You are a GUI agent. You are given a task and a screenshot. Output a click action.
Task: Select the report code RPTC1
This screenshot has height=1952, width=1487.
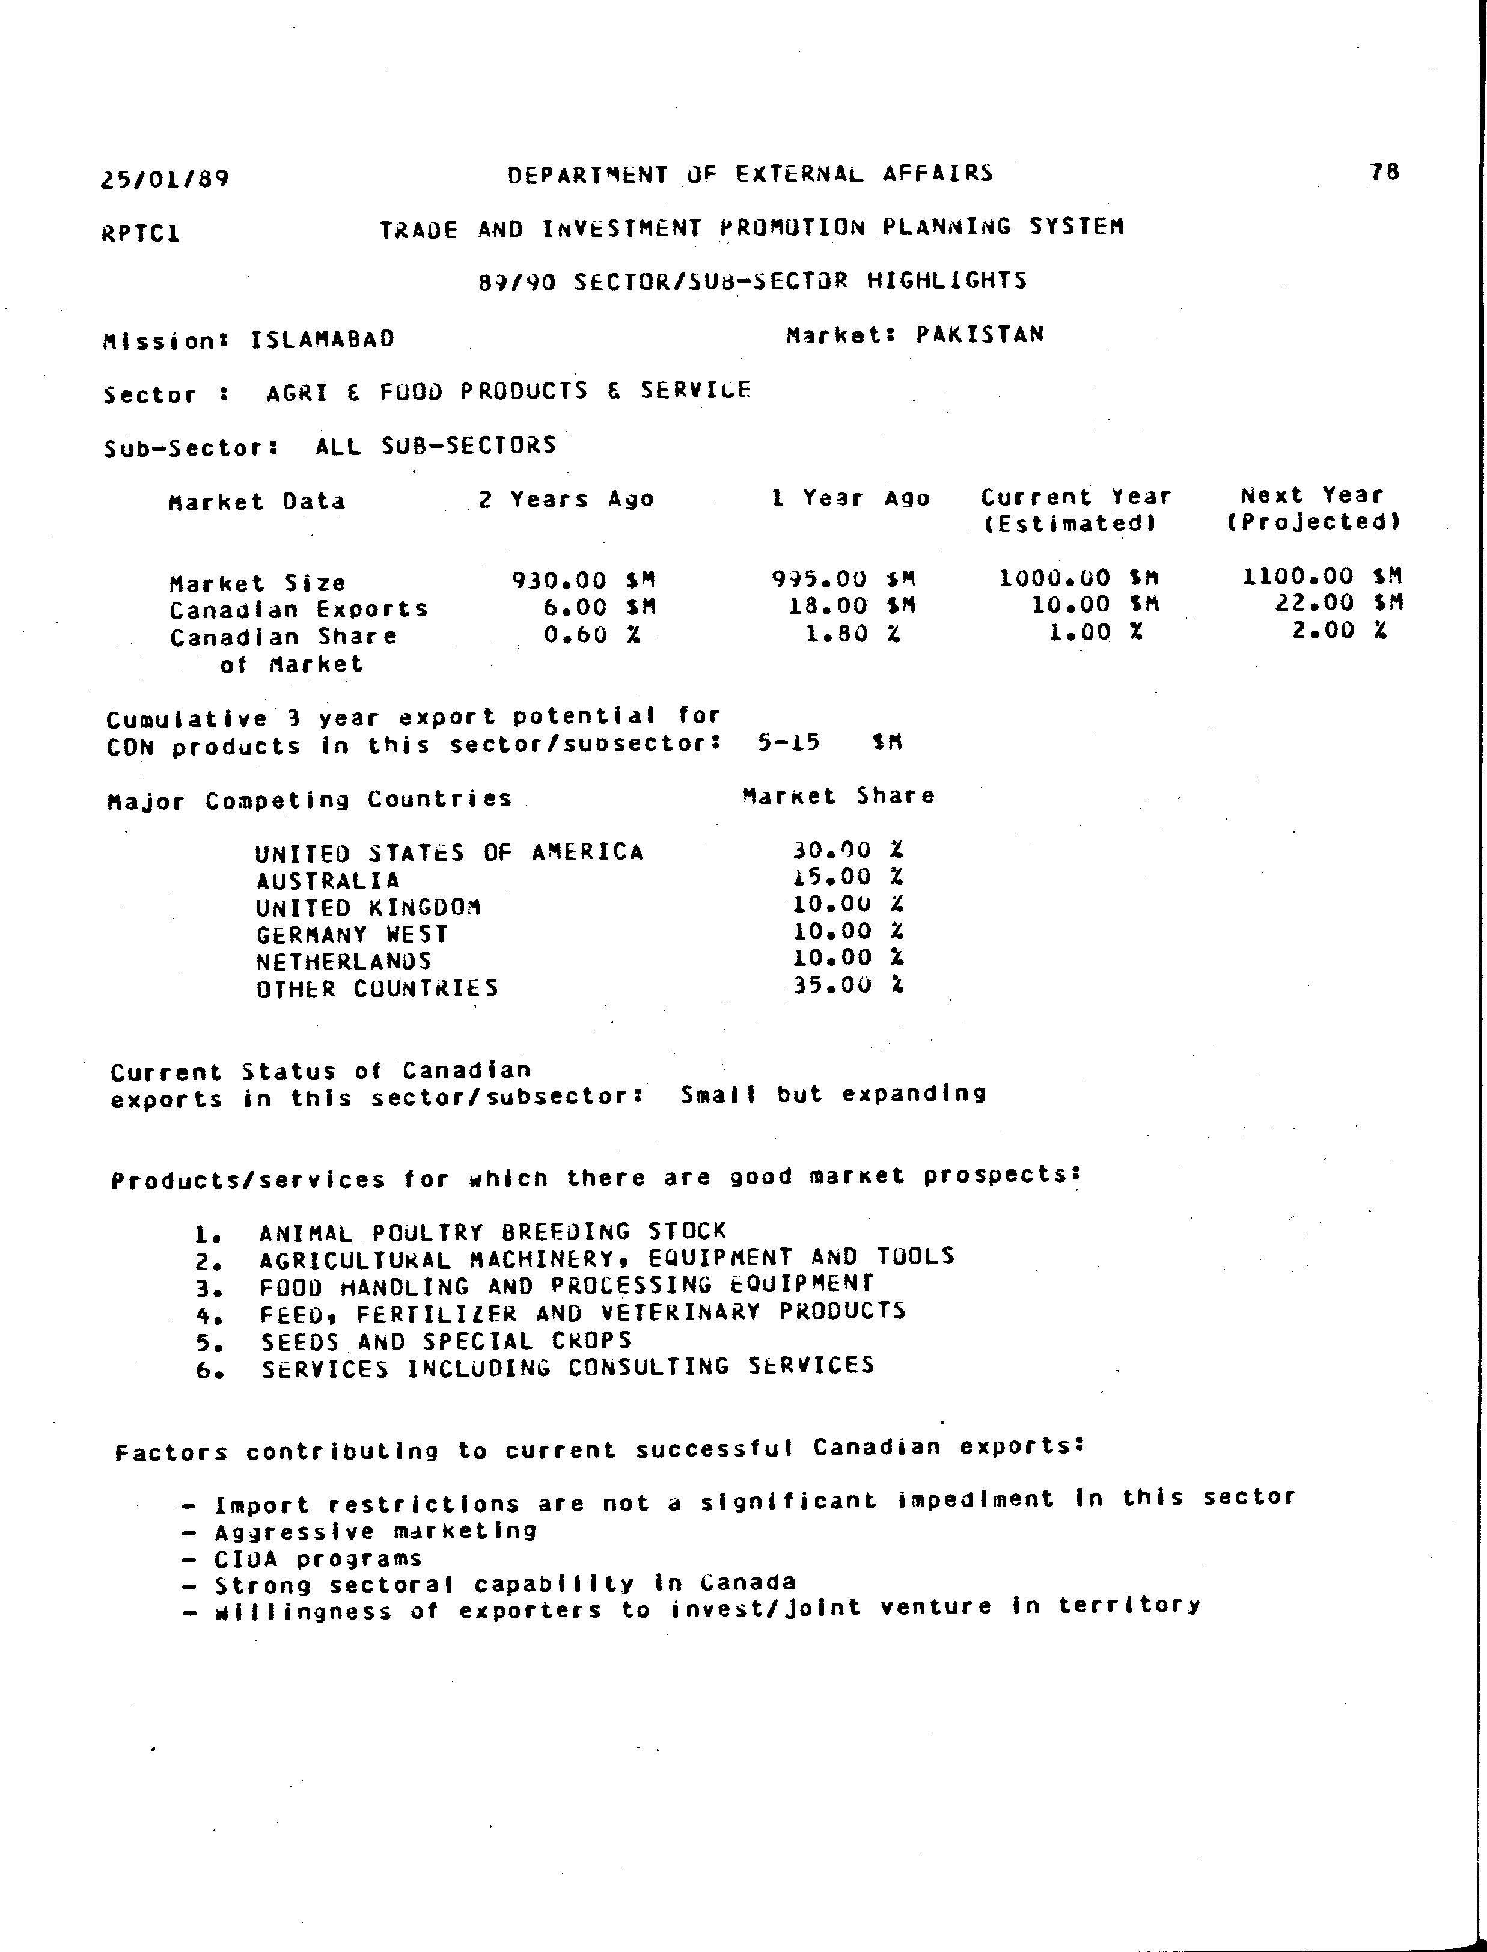pyautogui.click(x=142, y=234)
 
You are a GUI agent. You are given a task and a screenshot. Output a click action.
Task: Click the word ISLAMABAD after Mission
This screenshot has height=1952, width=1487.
pyautogui.click(x=322, y=339)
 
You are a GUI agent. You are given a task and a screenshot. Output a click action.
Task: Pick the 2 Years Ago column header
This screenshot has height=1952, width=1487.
pyautogui.click(x=566, y=500)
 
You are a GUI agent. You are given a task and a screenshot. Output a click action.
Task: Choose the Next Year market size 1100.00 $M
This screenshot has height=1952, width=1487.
pyautogui.click(x=1322, y=577)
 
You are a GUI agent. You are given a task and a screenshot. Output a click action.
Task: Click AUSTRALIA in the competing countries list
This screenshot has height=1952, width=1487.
pyautogui.click(x=328, y=880)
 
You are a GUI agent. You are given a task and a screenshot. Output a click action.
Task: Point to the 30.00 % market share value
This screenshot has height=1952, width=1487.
pyautogui.click(x=847, y=851)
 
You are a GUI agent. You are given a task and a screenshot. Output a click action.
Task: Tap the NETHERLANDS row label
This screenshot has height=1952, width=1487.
pyautogui.click(x=343, y=961)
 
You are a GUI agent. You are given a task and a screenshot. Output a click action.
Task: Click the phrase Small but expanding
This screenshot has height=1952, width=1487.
pyautogui.click(x=833, y=1094)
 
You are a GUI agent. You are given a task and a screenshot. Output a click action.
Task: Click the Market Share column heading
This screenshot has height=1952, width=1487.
pyautogui.click(x=838, y=796)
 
